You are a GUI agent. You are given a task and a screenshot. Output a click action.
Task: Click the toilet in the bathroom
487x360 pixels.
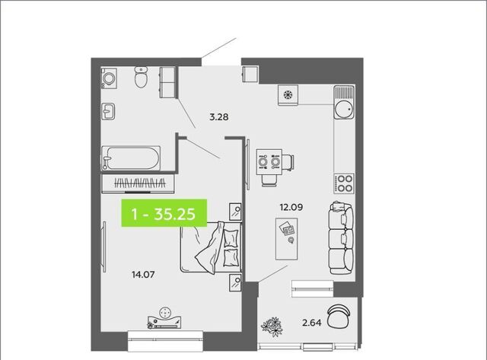[141, 77]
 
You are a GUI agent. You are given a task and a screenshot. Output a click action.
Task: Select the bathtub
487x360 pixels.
[131, 158]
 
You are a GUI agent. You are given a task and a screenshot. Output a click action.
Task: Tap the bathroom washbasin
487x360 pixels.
[108, 112]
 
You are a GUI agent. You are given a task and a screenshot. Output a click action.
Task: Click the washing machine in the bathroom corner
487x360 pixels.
[109, 78]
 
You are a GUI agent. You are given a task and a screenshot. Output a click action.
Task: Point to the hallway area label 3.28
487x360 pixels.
[219, 117]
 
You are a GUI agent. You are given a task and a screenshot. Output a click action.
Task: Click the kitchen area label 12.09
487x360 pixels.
[291, 207]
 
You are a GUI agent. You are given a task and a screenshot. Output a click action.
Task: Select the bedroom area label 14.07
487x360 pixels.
[143, 275]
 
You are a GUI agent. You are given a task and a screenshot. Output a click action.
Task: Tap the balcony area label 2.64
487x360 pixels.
[312, 323]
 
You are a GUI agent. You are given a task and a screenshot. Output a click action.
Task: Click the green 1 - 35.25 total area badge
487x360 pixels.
[164, 213]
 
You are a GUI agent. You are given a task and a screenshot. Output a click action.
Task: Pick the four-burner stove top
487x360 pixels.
[344, 183]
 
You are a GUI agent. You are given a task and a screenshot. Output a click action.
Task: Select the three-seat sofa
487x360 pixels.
[341, 238]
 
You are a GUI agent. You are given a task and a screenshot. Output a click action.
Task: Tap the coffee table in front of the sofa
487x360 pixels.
[286, 238]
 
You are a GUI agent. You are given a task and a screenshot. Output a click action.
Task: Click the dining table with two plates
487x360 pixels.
[269, 162]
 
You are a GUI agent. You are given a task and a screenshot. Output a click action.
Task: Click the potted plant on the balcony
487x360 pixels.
[272, 327]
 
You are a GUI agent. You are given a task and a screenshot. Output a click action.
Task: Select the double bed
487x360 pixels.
[211, 247]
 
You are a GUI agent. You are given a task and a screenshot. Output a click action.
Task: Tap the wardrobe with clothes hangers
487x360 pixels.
[138, 183]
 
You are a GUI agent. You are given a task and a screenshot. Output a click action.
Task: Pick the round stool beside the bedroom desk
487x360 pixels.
[165, 313]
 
